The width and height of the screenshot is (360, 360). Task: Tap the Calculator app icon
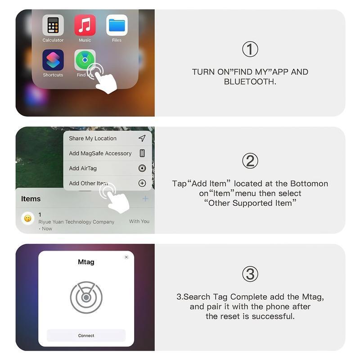pos(53,25)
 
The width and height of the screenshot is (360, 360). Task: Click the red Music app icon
pos(85,25)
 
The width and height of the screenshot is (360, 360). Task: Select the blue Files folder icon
pos(117,25)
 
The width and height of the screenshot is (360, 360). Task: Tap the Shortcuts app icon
pos(53,60)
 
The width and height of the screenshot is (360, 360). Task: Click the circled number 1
pos(250,49)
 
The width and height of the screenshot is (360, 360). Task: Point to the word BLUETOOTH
pos(250,82)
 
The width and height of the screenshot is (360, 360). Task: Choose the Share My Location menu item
pos(93,139)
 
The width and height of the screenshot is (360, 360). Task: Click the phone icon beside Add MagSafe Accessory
pos(142,153)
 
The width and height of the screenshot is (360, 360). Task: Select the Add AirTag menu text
pos(83,168)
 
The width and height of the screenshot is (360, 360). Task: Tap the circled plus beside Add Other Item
pos(142,183)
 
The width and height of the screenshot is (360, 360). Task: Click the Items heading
pos(31,199)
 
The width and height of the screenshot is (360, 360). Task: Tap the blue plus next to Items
pos(145,198)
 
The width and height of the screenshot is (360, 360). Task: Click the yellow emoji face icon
pos(28,219)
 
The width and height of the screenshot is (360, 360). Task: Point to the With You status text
pos(139,221)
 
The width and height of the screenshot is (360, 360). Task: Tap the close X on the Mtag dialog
pos(126,257)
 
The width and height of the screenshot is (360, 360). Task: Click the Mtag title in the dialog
pos(86,262)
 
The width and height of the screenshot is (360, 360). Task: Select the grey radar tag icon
pos(86,297)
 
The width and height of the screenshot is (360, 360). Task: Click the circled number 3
pos(250,274)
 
